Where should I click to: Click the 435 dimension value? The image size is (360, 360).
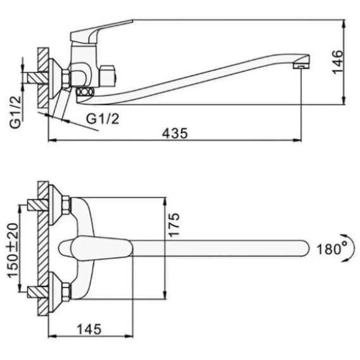pyautogui.click(x=175, y=133)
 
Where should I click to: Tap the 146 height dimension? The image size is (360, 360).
pyautogui.click(x=338, y=62)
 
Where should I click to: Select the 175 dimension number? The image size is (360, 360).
pyautogui.click(x=174, y=225)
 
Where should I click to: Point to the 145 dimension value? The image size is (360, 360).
pyautogui.click(x=89, y=330)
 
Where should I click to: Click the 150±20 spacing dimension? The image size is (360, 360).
pyautogui.click(x=13, y=250)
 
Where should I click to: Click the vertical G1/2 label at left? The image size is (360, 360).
pyautogui.click(x=15, y=112)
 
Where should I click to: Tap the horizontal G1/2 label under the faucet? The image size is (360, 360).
pyautogui.click(x=103, y=119)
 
